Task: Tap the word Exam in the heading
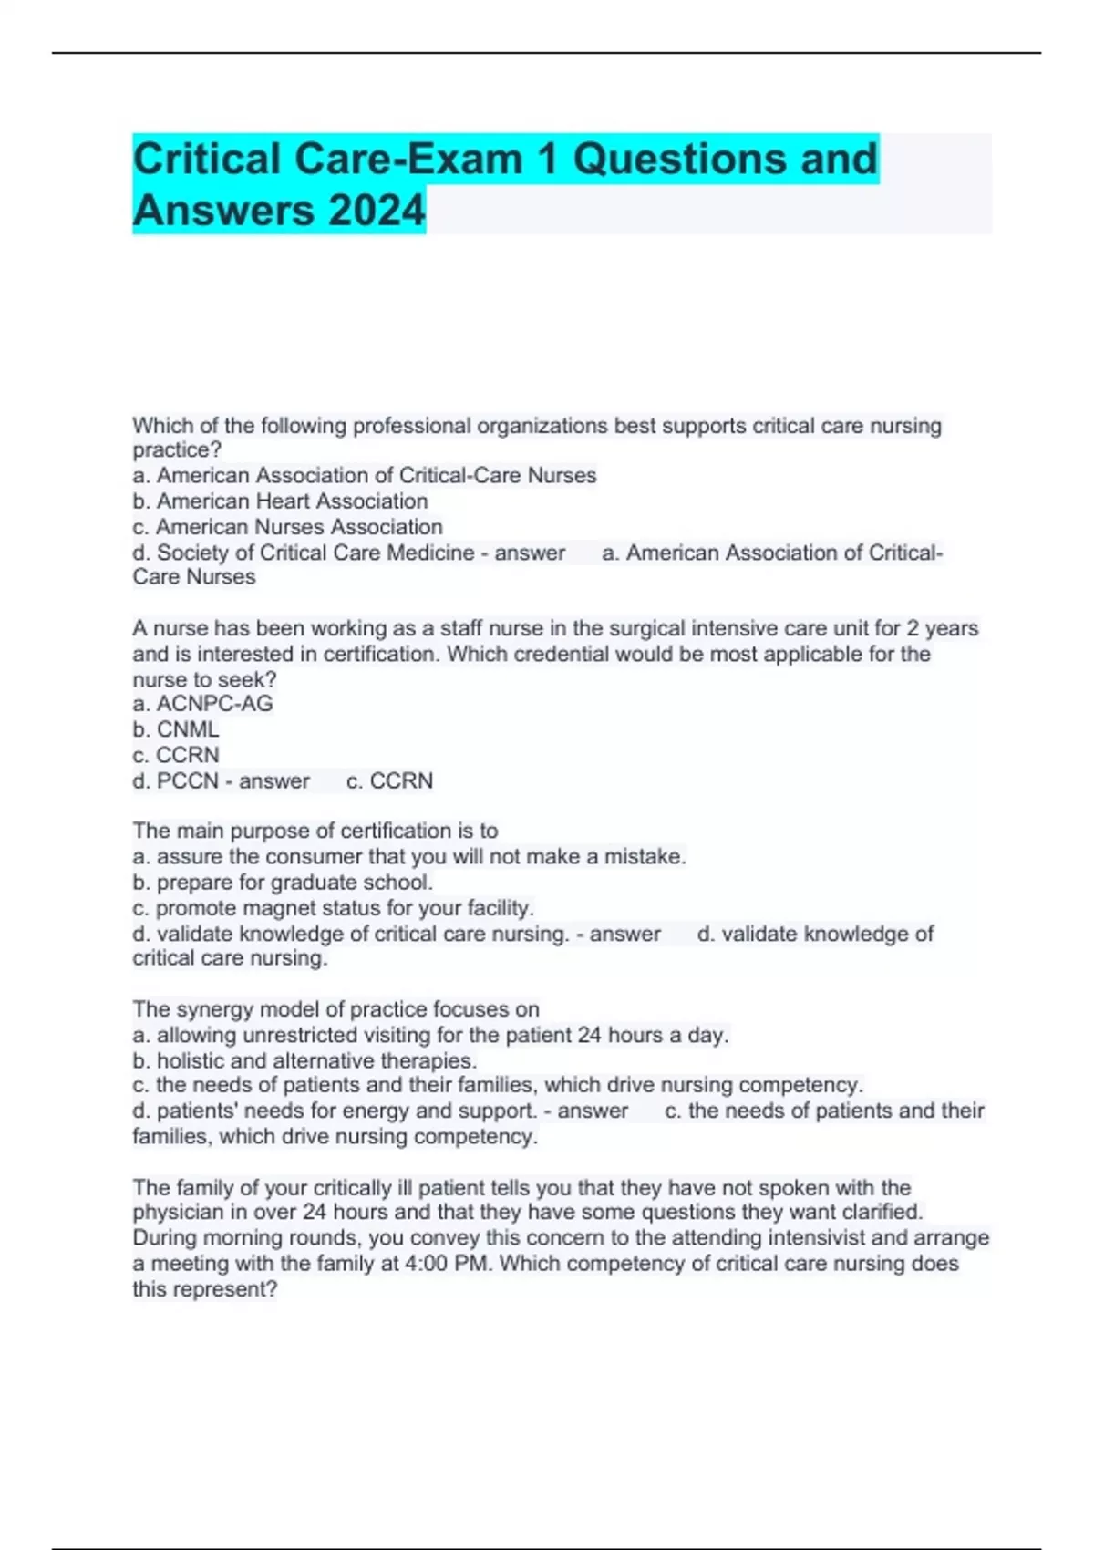(464, 159)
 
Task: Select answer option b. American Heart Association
(280, 501)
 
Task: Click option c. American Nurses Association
(287, 527)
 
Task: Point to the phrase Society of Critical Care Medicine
(315, 553)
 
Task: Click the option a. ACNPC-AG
(202, 704)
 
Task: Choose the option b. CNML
(176, 729)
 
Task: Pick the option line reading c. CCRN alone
(176, 755)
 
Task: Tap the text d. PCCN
(176, 781)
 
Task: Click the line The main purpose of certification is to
(315, 831)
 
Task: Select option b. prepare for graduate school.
(283, 883)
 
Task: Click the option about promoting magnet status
(333, 908)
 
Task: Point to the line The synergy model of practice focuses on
(335, 1009)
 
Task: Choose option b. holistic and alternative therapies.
(304, 1061)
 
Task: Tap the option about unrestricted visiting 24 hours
(430, 1036)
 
